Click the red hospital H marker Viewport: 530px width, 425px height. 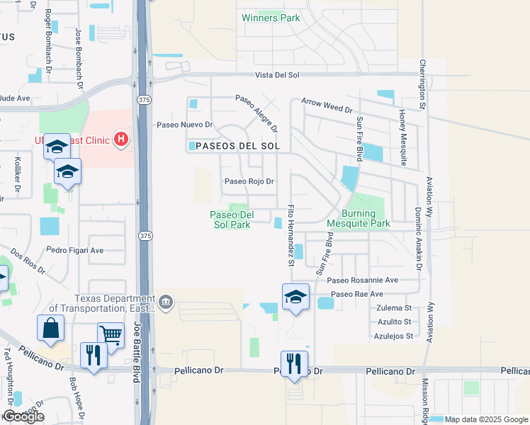(x=122, y=138)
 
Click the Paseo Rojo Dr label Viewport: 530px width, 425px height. (x=249, y=181)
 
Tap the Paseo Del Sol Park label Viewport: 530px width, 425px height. (x=230, y=220)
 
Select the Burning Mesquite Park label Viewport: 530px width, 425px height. (x=359, y=218)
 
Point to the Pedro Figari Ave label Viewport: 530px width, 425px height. (x=75, y=250)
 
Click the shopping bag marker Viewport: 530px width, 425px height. (x=51, y=328)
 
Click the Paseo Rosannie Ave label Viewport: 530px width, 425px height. (x=363, y=280)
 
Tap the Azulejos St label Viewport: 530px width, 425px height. (x=395, y=336)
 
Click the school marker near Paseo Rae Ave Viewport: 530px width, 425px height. (x=295, y=297)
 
